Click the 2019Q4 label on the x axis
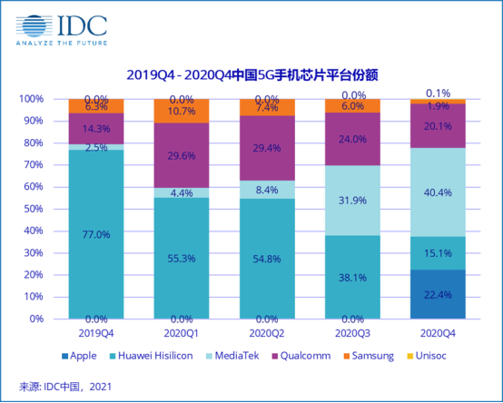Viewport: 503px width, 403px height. (x=96, y=332)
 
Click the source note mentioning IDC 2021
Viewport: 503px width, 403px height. (x=68, y=387)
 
